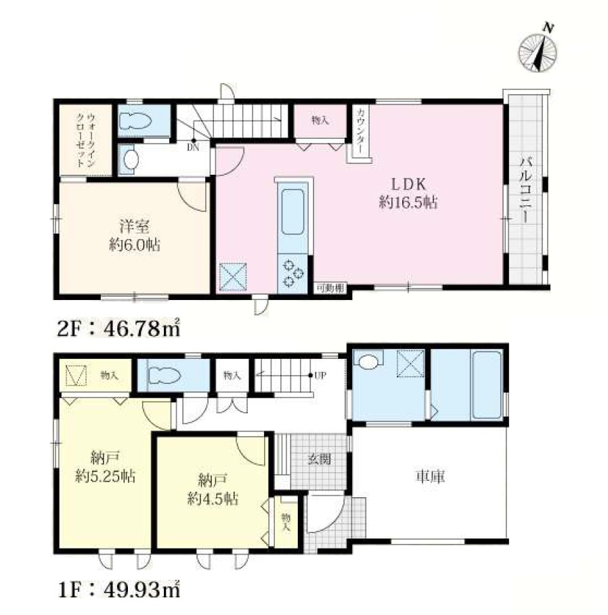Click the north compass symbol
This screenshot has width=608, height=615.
[538, 51]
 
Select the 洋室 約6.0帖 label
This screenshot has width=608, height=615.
[135, 236]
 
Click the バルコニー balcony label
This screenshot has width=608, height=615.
[526, 190]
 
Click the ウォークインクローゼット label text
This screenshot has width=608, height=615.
[86, 140]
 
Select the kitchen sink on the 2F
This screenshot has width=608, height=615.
[292, 212]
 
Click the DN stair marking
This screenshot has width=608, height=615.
[193, 148]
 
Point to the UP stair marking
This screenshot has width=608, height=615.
[320, 375]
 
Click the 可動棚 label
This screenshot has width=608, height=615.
[330, 289]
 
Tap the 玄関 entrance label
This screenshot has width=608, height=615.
[320, 459]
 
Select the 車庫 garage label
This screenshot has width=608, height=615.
[430, 476]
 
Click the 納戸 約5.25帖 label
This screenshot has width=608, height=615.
[106, 467]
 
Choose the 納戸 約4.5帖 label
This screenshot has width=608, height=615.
[213, 489]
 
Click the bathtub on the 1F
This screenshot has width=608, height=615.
[487, 385]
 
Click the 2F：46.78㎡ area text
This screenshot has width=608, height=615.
[118, 328]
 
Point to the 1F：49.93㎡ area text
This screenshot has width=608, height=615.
[119, 589]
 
